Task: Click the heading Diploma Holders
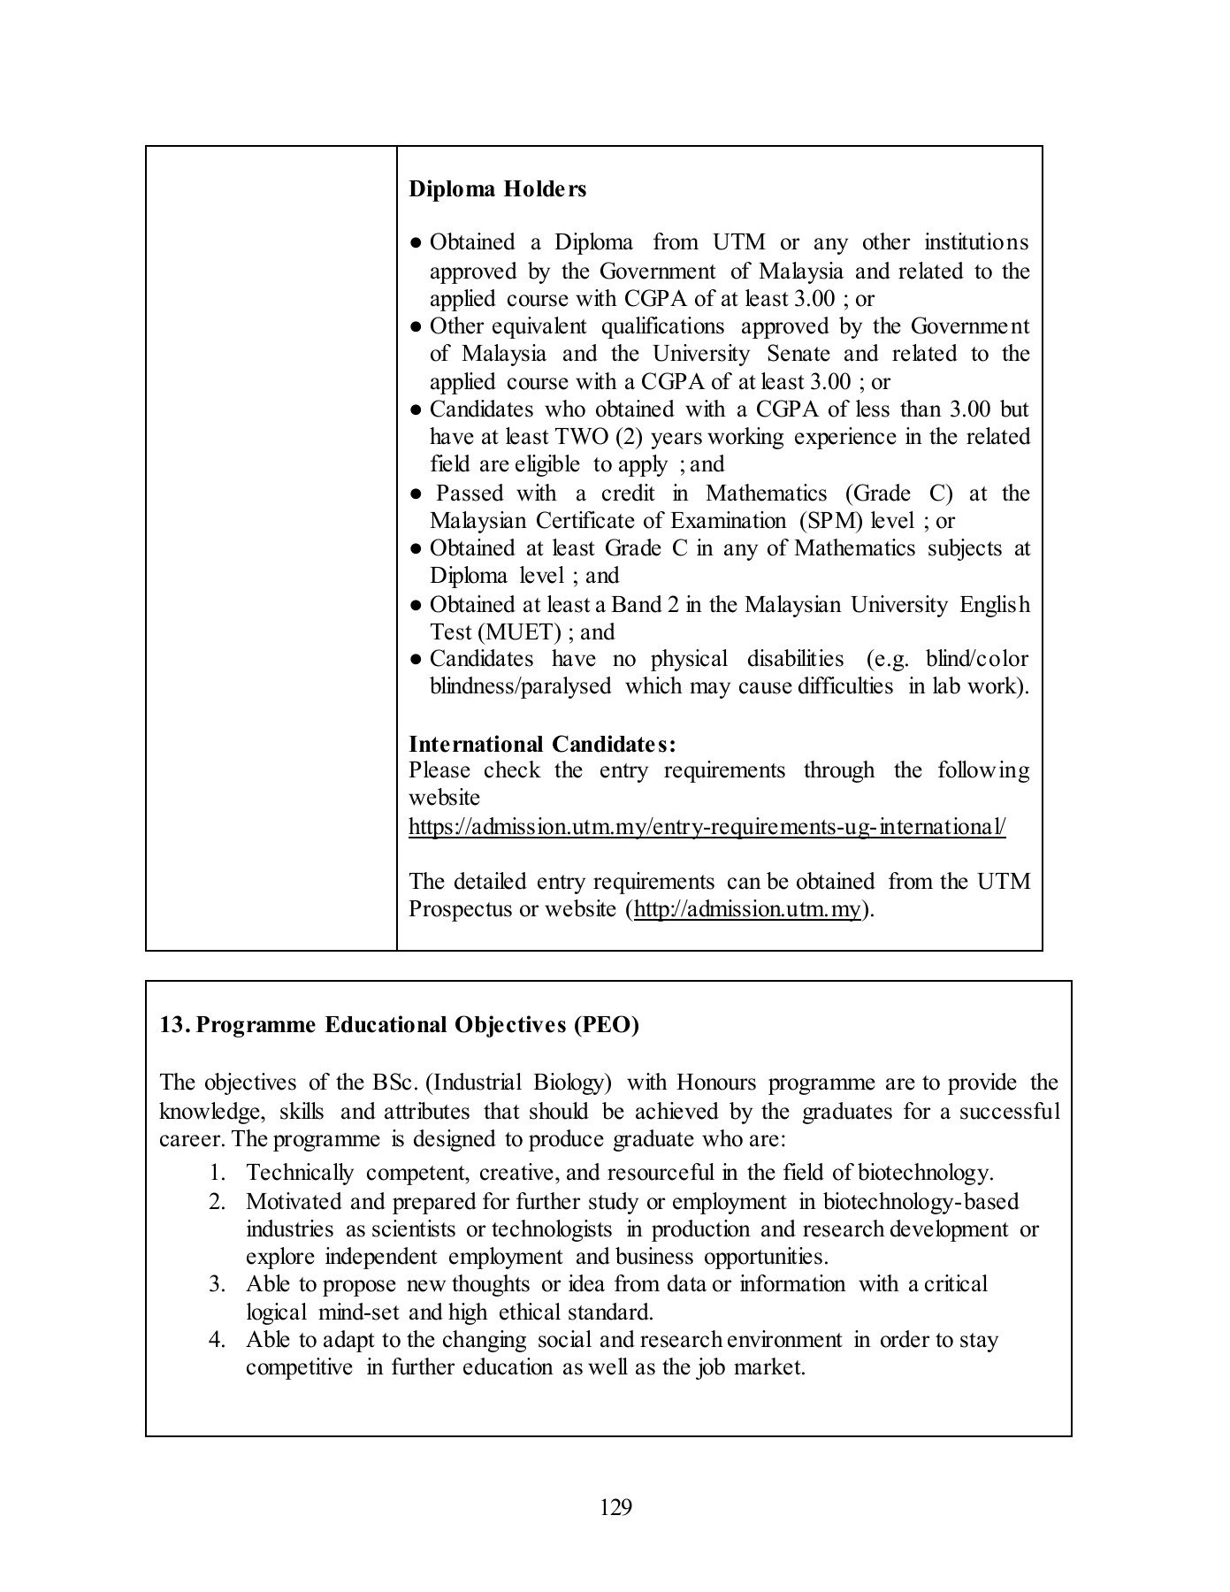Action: point(497,189)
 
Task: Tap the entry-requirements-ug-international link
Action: point(707,827)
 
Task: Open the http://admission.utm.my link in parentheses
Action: point(747,909)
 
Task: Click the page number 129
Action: point(615,1507)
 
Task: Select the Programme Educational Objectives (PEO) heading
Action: point(399,1024)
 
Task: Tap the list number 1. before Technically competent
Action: point(218,1173)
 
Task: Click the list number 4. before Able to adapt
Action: point(218,1340)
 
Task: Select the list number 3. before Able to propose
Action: point(218,1284)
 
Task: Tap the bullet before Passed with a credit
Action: point(416,494)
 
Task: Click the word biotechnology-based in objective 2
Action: point(921,1201)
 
